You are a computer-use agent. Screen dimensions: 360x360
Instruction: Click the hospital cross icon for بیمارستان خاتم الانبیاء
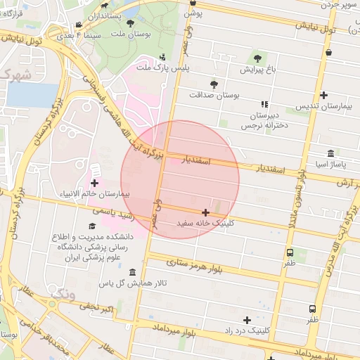tap(94, 183)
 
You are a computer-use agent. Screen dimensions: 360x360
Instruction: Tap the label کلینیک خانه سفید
tap(206, 223)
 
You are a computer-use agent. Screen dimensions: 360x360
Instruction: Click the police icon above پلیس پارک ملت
tap(163, 57)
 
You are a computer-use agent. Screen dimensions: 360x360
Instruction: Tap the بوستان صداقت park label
tap(214, 94)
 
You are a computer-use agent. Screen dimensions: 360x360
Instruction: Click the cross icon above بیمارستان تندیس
tap(323, 95)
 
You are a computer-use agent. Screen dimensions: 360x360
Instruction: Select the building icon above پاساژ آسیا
tap(330, 154)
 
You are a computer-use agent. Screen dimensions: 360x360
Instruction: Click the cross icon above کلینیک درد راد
tap(246, 320)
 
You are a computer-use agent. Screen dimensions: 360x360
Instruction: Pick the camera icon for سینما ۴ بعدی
tap(78, 25)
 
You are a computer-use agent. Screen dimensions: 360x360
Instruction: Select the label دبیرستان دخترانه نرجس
tap(264, 120)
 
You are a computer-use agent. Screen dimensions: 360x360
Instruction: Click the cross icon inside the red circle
tap(205, 212)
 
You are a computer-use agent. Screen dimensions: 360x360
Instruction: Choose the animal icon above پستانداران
tap(104, 6)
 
